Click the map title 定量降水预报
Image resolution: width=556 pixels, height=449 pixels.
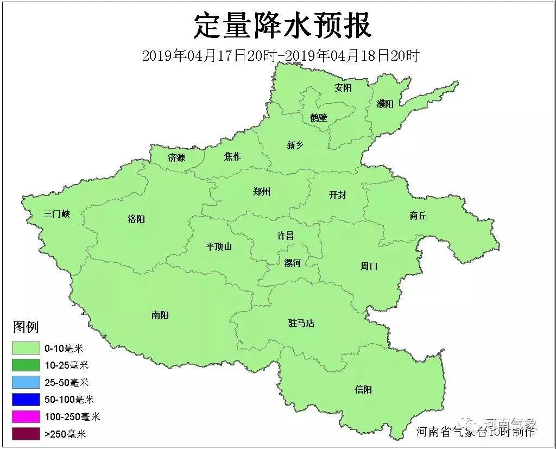point(282,26)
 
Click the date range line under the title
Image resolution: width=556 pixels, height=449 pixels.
point(280,56)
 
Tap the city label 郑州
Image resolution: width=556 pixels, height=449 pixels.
point(262,192)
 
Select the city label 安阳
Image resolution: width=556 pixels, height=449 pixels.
point(343,87)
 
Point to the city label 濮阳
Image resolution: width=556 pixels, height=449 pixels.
point(384,104)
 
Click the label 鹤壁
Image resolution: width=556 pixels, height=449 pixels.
point(319,117)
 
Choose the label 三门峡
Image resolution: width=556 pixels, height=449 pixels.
point(57,214)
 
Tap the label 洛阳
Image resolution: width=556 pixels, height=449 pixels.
point(136,219)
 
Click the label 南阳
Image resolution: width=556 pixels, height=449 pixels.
point(160,315)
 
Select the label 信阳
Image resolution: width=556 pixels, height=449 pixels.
point(363,389)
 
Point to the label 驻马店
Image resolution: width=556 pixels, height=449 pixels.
point(301,323)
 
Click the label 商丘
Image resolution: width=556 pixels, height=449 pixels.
point(418,216)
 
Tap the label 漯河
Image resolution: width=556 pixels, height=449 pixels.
point(292,263)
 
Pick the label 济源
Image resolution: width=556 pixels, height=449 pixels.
point(176,158)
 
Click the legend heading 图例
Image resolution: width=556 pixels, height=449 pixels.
point(26,327)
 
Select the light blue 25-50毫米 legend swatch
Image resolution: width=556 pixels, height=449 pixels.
point(27,382)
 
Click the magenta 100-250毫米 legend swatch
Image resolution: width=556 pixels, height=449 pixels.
point(27,416)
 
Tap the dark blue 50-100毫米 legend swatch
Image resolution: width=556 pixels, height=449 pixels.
point(27,400)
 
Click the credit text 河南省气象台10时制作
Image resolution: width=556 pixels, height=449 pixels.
point(476,432)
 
